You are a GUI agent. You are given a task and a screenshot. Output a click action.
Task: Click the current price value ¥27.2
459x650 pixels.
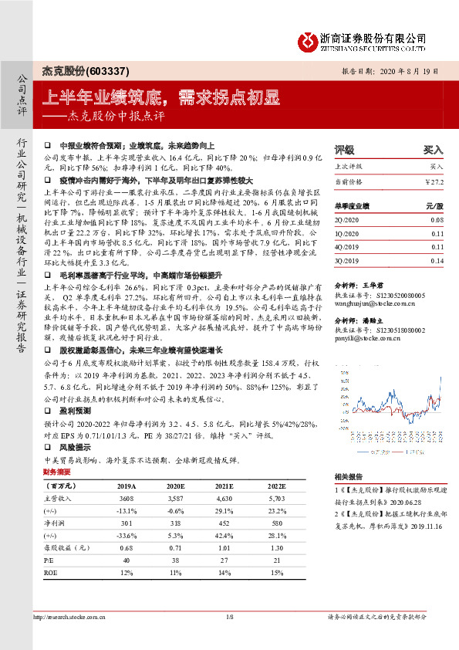(434, 181)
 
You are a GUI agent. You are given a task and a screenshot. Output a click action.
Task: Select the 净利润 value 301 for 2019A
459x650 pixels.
(127, 523)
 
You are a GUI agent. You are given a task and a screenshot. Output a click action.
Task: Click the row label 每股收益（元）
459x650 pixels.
(66, 547)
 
